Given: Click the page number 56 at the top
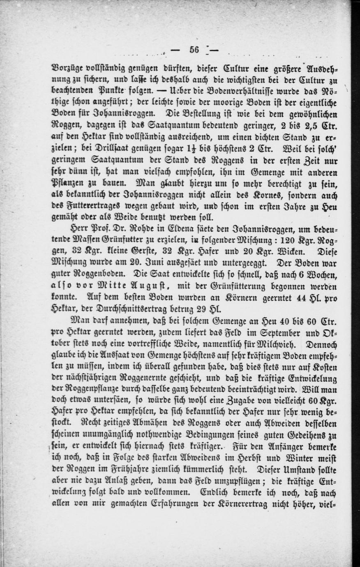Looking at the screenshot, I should pos(194,51).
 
